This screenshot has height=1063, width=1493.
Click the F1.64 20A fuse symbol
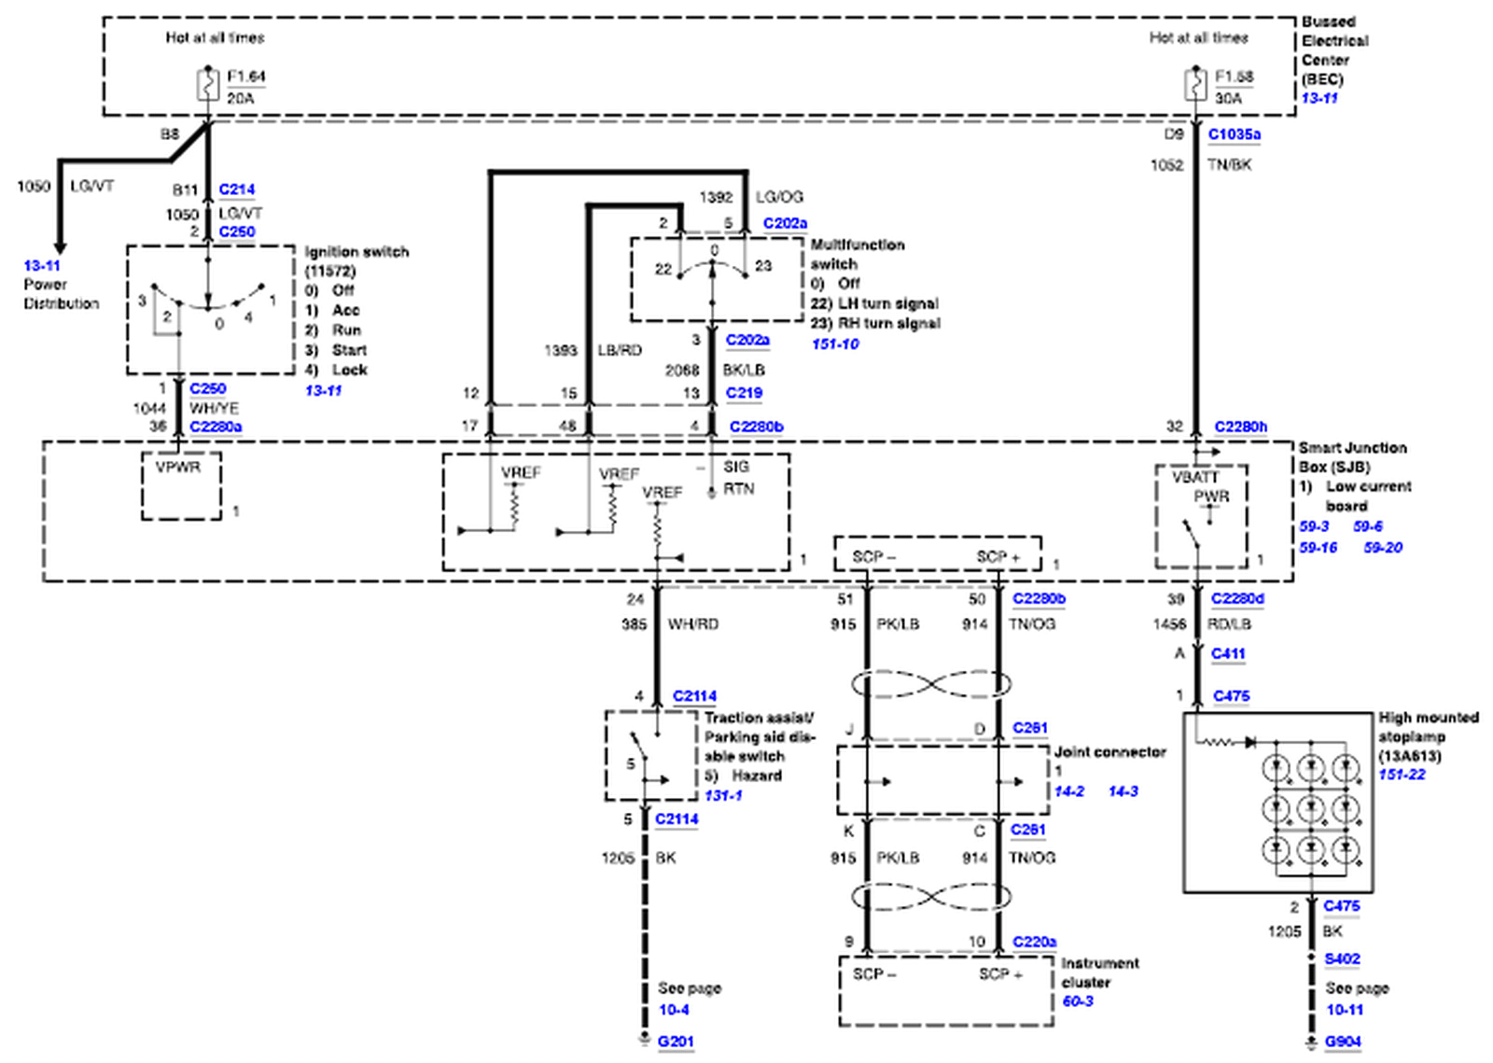207,86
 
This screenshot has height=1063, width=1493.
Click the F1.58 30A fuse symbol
1195,86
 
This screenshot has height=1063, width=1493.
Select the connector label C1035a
1234,134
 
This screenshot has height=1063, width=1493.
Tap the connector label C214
237,189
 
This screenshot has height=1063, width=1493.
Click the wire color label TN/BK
1230,165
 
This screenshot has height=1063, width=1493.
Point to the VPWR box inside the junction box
181,485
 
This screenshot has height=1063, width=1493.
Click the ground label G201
676,1042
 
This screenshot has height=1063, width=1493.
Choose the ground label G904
1343,1042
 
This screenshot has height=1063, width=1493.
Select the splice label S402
1342,959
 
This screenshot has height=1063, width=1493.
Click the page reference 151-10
835,344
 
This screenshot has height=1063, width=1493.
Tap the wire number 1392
716,197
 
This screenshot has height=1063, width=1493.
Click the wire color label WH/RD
693,623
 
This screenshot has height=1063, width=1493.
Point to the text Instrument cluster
1099,972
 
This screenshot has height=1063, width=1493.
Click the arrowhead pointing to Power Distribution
60,247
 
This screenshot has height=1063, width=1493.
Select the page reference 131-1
723,796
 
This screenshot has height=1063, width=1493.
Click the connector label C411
1228,654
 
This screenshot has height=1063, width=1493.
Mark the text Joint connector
1109,752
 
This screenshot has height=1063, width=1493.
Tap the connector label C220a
1034,943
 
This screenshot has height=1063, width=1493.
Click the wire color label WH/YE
215,409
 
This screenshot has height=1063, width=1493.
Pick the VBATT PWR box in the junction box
1201,516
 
